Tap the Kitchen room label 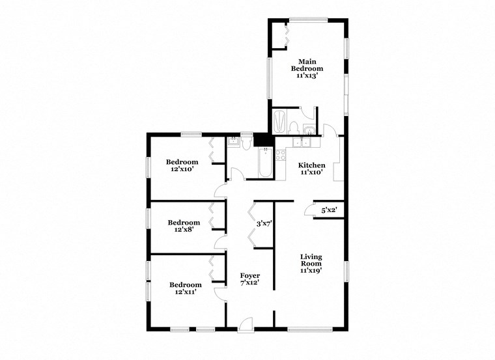(x=311, y=165)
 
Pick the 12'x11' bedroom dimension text (x=186, y=292)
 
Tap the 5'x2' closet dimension (x=329, y=210)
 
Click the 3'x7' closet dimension (x=264, y=224)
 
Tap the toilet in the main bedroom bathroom (x=294, y=126)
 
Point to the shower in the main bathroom (x=279, y=121)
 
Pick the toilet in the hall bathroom (x=246, y=143)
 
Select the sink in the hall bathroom (x=233, y=141)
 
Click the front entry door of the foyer (x=245, y=322)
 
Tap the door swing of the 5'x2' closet (x=307, y=210)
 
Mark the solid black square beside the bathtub (x=262, y=139)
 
